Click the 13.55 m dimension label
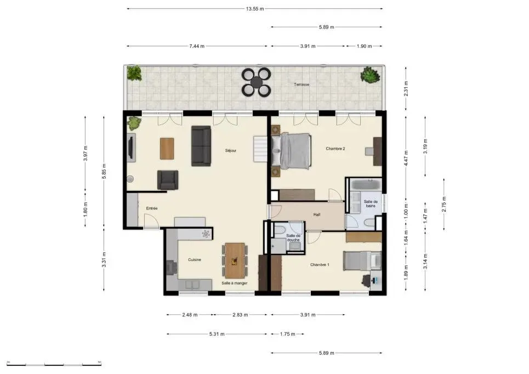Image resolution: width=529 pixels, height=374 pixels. [254, 9]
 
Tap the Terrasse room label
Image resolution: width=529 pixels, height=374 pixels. [302, 84]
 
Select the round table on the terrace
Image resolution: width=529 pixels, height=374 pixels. [257, 82]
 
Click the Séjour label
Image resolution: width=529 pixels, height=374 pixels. [230, 150]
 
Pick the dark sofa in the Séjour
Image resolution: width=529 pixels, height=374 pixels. [201, 145]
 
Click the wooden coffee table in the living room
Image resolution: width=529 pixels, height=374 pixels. [167, 148]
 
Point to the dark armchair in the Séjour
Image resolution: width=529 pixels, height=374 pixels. [168, 180]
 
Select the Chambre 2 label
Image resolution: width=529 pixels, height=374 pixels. [335, 149]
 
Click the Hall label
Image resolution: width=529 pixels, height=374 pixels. [317, 215]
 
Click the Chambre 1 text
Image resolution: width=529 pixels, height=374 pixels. [320, 265]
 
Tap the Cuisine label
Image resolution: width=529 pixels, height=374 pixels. [195, 260]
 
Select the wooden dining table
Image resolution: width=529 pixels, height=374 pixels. [235, 260]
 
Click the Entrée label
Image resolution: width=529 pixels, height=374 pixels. [152, 208]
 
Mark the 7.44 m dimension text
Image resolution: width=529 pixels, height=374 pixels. [197, 47]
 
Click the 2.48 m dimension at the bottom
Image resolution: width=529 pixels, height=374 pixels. [190, 315]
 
